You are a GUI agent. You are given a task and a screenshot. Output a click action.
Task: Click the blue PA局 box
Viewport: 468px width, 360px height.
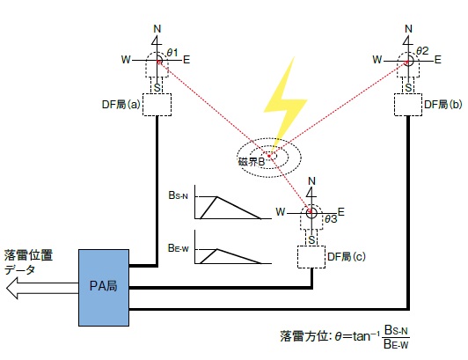click(104, 288)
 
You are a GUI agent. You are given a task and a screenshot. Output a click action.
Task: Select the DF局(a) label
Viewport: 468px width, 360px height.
click(121, 105)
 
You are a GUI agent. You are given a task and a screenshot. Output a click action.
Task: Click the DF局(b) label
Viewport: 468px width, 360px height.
click(443, 105)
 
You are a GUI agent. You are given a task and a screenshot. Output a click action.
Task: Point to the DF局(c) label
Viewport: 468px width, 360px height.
click(347, 257)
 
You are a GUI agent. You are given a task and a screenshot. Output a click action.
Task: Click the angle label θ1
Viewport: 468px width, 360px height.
click(172, 53)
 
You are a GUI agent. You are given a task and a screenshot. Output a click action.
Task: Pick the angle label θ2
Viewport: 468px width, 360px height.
click(422, 51)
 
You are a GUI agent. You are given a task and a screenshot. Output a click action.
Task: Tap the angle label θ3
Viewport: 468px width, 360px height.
click(331, 219)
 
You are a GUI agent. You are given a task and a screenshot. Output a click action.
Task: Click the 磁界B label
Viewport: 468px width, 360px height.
click(252, 162)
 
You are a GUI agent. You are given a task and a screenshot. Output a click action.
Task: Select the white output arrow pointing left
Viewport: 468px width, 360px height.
click(42, 288)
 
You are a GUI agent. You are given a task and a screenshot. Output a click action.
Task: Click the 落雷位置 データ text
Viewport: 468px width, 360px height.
click(28, 262)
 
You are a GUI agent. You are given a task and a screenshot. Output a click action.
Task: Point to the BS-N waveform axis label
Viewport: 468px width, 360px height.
click(179, 195)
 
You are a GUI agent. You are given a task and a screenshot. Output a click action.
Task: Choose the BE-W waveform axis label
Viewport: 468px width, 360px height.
click(179, 248)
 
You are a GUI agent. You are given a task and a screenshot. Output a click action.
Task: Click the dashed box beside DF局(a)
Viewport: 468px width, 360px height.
click(157, 105)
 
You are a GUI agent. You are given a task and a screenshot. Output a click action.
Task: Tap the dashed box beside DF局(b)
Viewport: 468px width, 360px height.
click(408, 105)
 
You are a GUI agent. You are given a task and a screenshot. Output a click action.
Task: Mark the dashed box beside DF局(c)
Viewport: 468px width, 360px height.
click(311, 257)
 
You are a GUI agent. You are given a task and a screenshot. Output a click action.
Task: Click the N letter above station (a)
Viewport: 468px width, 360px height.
click(157, 29)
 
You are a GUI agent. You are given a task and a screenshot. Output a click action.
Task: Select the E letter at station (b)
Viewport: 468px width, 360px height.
click(437, 60)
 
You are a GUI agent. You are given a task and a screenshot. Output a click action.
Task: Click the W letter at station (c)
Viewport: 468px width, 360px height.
click(281, 212)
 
